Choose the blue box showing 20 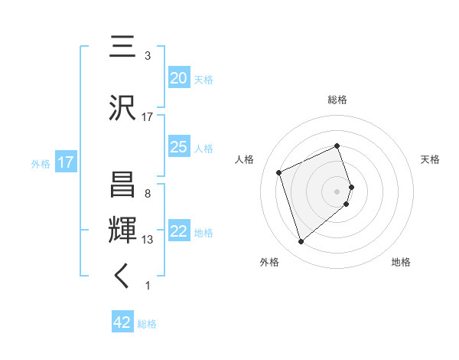point(178,78)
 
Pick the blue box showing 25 point(178,147)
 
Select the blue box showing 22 point(178,231)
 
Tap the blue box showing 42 point(122,322)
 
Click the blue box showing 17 point(65,162)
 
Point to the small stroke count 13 point(148,240)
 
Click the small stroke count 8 point(147,194)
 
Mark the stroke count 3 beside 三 point(147,56)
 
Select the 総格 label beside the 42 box point(147,324)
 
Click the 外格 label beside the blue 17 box point(41,163)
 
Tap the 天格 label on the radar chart point(430,159)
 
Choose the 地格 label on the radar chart point(401,262)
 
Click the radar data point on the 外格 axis point(301,242)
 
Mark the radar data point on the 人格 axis point(279,172)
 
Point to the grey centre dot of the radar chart point(337,190)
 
